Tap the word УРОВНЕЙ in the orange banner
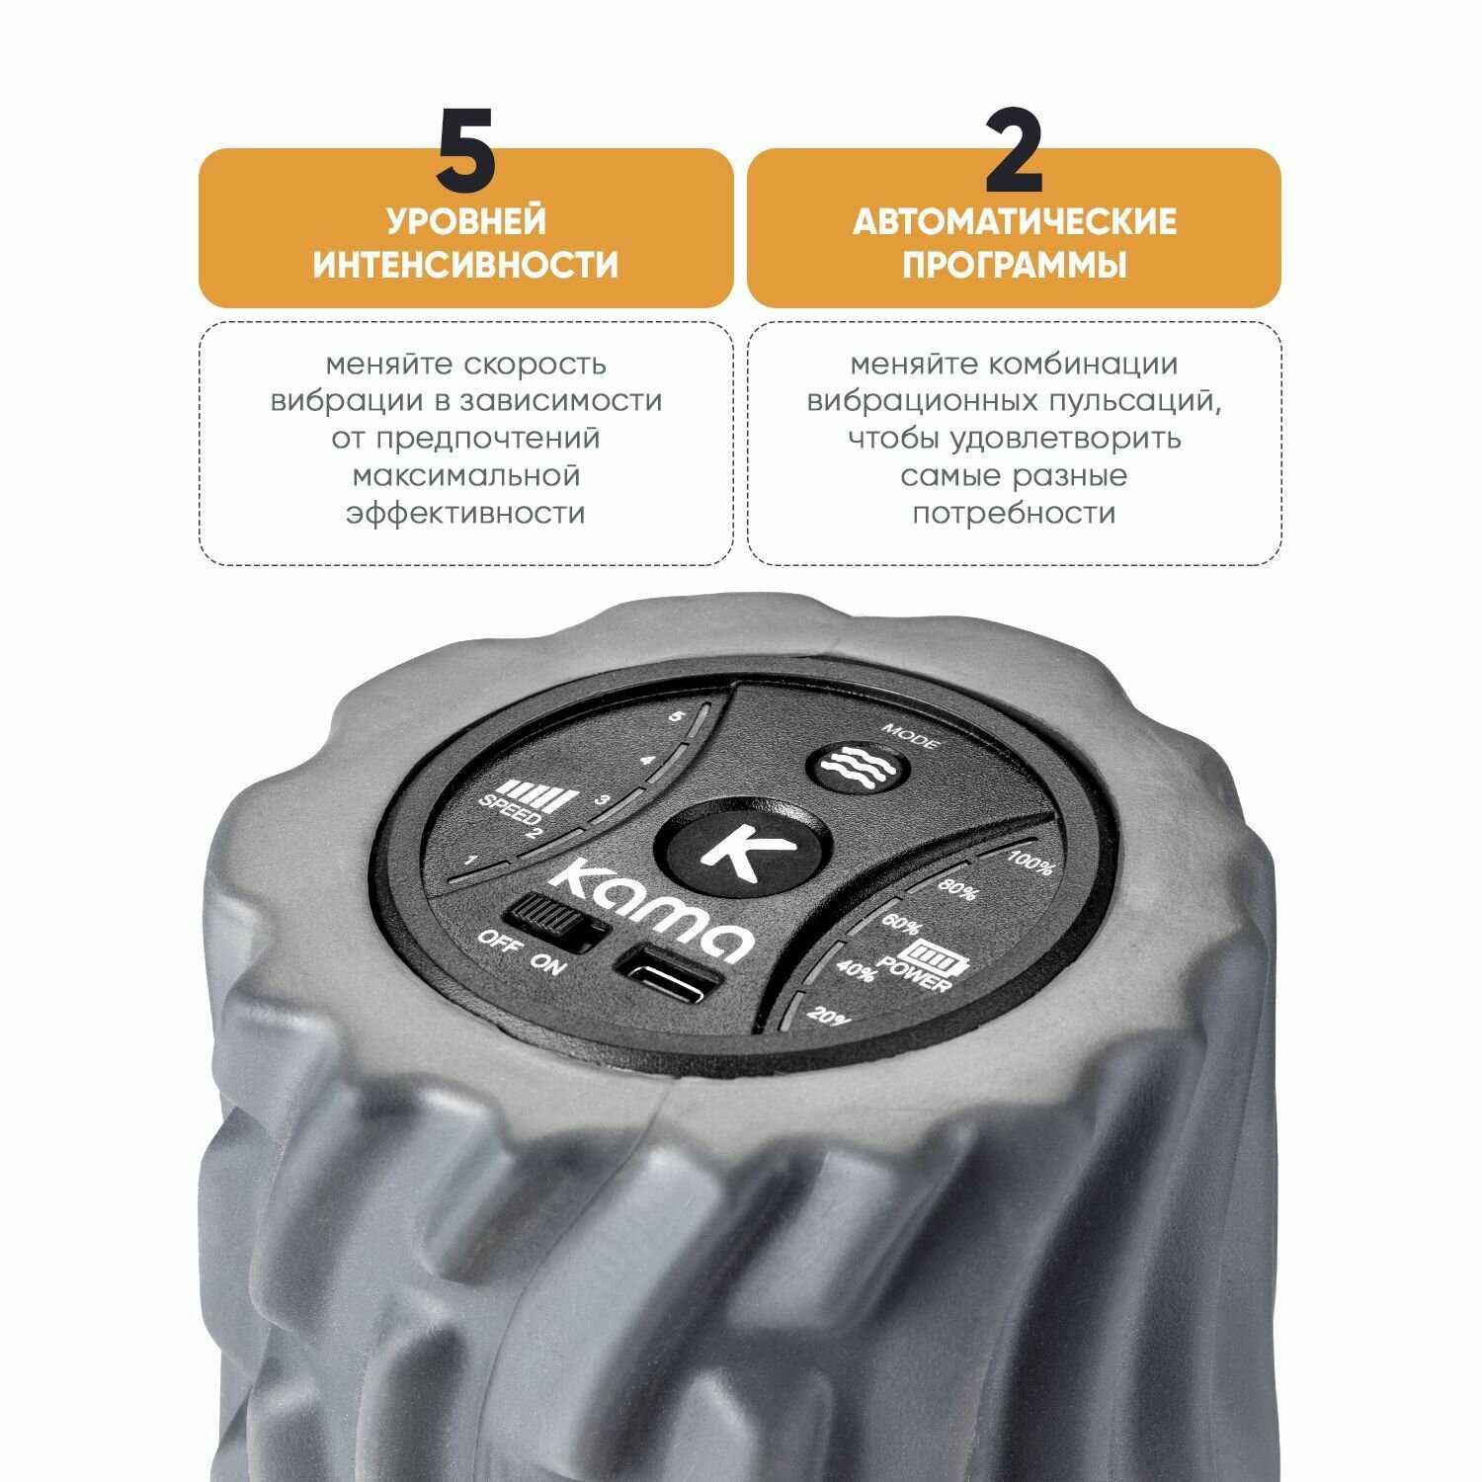[466, 220]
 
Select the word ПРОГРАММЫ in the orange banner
[1015, 265]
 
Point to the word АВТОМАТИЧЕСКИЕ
[1015, 220]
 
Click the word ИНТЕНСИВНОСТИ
[466, 265]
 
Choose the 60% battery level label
[900, 926]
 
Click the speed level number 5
[675, 718]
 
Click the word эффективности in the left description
[466, 514]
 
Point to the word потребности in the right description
[1014, 514]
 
